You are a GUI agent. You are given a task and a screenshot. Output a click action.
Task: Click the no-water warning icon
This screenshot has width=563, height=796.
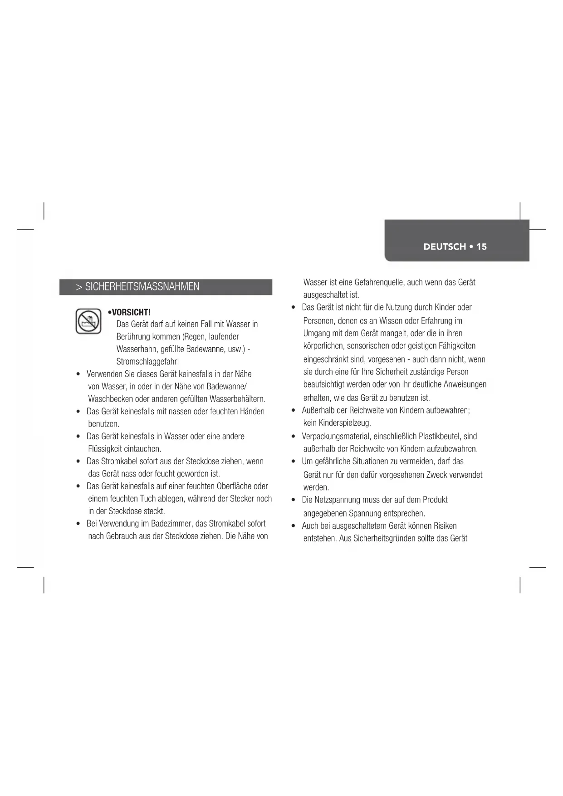tap(88, 321)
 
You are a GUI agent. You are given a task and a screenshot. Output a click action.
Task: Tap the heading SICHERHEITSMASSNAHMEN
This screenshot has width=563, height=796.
tap(142, 287)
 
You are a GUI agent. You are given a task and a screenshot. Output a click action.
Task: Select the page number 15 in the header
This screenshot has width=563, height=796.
tap(481, 247)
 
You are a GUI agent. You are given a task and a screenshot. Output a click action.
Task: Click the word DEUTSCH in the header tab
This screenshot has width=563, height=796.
tap(445, 247)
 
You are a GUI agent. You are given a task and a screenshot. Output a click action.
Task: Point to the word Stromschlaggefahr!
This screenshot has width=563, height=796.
tap(147, 362)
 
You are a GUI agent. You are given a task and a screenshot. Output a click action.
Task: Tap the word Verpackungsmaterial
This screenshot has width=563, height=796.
tap(336, 437)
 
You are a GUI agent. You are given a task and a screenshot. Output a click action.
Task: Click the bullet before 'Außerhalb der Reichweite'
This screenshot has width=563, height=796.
tap(294, 411)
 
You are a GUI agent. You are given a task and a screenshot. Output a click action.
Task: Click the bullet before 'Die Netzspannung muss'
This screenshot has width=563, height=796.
tap(294, 500)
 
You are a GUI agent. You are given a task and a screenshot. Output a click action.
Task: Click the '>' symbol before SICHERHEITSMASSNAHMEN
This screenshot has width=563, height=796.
tap(79, 287)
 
